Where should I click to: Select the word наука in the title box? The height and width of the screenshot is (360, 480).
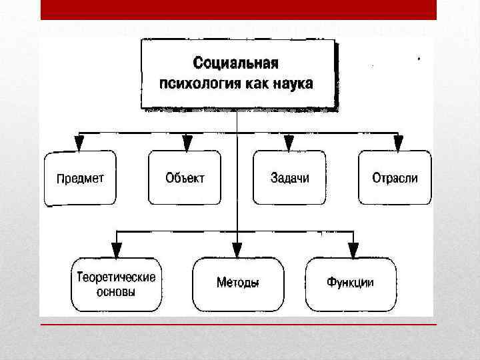[x=291, y=84]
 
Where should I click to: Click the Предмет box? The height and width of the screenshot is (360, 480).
[x=80, y=178]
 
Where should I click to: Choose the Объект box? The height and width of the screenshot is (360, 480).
[x=184, y=178]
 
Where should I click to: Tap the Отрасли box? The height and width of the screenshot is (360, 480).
[x=395, y=178]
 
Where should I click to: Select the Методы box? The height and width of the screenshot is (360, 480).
[x=238, y=283]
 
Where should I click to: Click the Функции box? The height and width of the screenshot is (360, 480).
[x=350, y=283]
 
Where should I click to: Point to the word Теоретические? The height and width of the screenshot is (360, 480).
[x=117, y=277]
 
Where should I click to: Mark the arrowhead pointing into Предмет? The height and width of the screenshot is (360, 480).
[x=80, y=143]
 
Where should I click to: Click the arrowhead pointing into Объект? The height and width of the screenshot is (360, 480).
[x=187, y=143]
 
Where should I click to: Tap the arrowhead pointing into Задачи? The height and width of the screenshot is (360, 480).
[x=289, y=143]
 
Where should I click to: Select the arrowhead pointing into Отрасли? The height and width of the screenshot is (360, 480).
[x=398, y=143]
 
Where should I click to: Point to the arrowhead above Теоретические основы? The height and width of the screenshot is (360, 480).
[x=117, y=250]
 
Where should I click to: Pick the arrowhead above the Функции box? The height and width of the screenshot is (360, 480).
[x=353, y=250]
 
